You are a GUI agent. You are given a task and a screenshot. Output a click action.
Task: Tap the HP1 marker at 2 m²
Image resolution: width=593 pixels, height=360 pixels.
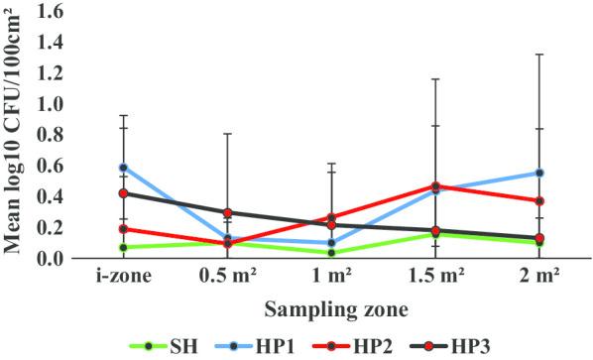[539, 173]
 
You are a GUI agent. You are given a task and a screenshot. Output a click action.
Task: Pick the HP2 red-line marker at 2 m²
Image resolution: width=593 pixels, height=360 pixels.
[539, 201]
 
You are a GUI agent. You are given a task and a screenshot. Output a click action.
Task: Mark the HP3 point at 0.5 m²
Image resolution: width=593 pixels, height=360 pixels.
[227, 212]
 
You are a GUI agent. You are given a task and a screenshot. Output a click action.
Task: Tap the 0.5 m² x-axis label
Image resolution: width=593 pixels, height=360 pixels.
[227, 277]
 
